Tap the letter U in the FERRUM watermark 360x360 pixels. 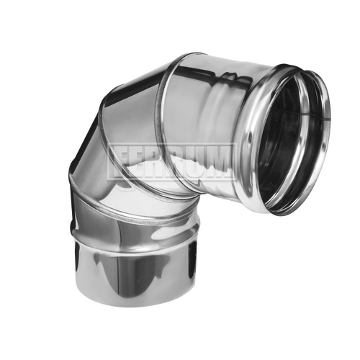[x=194, y=161]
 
